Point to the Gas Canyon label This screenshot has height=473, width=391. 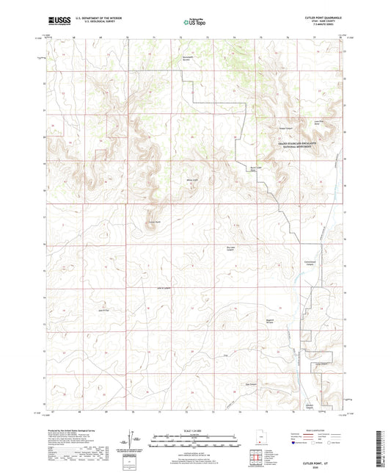(251, 384)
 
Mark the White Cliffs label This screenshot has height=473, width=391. (192, 180)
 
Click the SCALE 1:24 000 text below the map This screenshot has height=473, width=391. (194, 430)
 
